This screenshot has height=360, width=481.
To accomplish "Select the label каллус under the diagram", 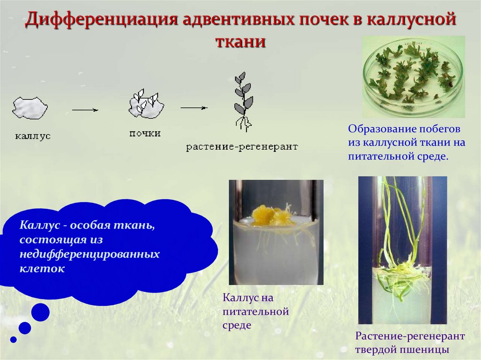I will click(x=32, y=137).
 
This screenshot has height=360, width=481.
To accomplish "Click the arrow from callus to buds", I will click(x=85, y=110).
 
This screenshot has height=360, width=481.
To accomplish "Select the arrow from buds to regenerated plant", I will click(x=194, y=107).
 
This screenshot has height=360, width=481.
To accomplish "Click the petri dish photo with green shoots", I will click(x=413, y=77).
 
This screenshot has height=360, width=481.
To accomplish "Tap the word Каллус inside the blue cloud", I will click(x=39, y=225).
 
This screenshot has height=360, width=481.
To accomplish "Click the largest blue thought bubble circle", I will click(x=40, y=312).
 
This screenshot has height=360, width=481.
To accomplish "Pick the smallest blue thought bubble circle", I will click(x=13, y=339).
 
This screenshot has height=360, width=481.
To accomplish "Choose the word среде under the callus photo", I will click(x=237, y=325).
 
